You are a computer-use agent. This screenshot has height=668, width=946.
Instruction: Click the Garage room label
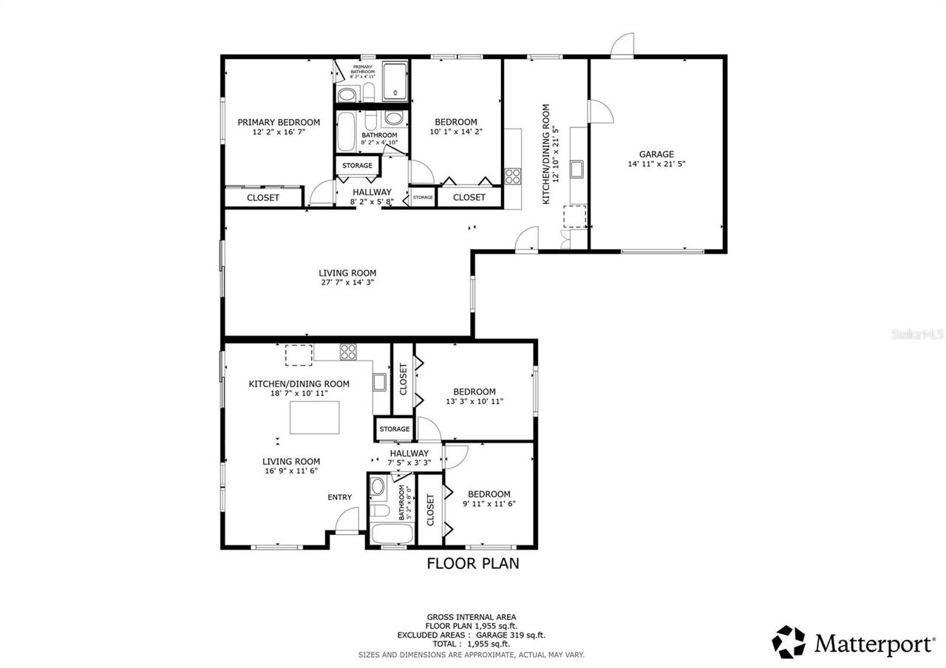pos(656,154)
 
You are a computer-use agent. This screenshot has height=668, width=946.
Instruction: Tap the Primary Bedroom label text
pos(279,123)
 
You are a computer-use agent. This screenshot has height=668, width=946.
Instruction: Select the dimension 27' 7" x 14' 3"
pos(347,282)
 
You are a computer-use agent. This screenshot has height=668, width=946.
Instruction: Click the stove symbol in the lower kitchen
pos(348,352)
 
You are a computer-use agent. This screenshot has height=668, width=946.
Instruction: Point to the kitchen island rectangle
pos(314,417)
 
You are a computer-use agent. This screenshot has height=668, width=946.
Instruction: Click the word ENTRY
pos(340,497)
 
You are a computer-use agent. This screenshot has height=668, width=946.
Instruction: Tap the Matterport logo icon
pos(789,641)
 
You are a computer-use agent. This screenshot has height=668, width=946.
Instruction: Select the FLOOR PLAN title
pos(473,564)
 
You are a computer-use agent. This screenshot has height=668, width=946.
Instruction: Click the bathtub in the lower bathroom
pos(384,534)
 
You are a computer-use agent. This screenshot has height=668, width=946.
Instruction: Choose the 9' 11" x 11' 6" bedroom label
pos(489,499)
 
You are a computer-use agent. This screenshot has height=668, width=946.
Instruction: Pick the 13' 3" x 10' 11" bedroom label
pos(474,396)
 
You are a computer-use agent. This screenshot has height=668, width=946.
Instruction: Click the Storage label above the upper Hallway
pos(357,166)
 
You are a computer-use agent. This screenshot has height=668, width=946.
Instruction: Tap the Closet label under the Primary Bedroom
pos(263,197)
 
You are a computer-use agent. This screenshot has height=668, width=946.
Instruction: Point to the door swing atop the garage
pos(623,44)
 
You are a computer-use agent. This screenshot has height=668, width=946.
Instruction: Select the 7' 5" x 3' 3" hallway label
pos(409,458)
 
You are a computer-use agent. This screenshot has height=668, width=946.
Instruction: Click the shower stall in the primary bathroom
pos(395,81)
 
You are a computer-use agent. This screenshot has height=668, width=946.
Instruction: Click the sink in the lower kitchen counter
pos(379,382)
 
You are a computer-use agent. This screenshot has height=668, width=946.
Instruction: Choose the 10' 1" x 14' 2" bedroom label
pos(456,127)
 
